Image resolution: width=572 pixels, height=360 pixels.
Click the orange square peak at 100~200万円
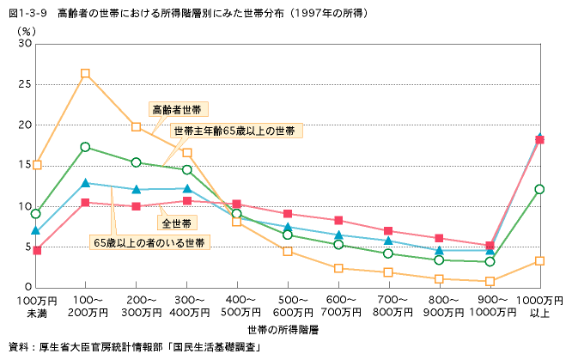[85, 74]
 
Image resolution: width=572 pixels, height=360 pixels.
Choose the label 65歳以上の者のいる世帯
[150, 243]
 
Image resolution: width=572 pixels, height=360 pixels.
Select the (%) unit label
[27, 29]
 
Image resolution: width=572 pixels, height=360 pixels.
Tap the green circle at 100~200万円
[85, 147]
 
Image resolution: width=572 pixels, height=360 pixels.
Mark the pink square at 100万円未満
[36, 250]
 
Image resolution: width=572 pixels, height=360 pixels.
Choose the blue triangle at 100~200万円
[85, 183]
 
